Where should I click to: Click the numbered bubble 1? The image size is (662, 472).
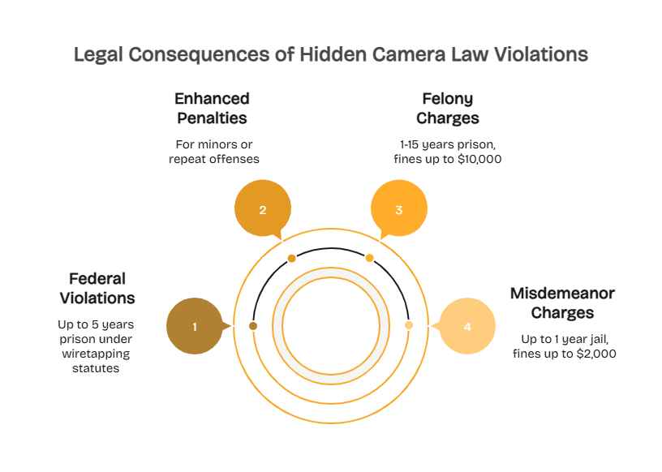195,326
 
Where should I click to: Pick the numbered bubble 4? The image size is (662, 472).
466,326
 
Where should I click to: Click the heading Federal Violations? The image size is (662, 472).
97,288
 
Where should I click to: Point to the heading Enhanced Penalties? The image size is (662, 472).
212,108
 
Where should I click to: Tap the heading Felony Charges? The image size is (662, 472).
447,108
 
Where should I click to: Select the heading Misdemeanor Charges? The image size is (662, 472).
562,303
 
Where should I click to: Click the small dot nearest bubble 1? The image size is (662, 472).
253,325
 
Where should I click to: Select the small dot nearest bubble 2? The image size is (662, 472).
291,258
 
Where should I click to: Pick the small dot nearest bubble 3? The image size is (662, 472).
369,258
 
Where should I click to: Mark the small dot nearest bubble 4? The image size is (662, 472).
409,325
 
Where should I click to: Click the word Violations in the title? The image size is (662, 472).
543,55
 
